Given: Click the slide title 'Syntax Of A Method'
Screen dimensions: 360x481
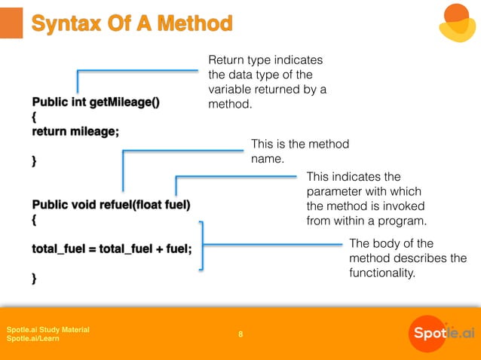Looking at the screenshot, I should [x=131, y=24].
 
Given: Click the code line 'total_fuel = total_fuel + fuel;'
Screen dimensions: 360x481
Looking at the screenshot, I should [x=112, y=249].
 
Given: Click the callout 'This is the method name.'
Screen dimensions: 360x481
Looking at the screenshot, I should [x=299, y=151].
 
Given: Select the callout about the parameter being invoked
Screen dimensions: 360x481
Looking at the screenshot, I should [x=366, y=199].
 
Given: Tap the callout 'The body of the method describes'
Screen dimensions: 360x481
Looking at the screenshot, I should [x=407, y=258].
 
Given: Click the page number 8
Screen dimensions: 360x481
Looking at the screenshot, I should [x=240, y=334].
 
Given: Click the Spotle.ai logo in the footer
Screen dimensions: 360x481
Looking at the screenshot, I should [x=443, y=333].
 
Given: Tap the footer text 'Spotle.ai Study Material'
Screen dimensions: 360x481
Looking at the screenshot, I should [x=47, y=329].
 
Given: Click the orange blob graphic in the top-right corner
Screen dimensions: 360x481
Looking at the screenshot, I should [x=457, y=23].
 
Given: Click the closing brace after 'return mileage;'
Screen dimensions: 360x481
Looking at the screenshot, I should [x=34, y=160].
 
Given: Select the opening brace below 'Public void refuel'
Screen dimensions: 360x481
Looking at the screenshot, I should [x=34, y=220].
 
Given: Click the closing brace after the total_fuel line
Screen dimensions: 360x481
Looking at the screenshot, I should [x=34, y=279].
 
